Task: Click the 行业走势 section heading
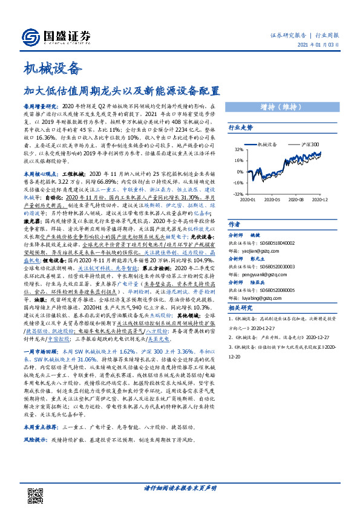click(240, 128)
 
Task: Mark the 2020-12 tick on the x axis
click(321, 199)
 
